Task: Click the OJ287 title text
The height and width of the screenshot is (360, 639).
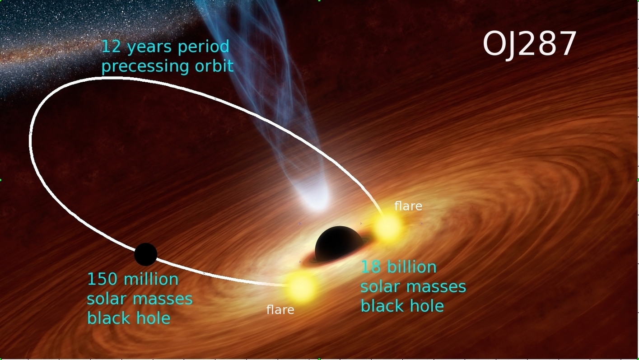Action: point(529,45)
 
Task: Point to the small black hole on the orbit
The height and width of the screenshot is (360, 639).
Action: point(145,254)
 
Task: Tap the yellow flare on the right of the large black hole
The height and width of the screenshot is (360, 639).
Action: point(388,227)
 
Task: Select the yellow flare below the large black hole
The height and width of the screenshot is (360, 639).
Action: point(300,287)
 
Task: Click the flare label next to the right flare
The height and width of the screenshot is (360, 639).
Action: point(408,206)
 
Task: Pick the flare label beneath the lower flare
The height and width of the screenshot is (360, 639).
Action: point(280,309)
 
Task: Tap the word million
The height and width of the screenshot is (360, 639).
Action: point(151,279)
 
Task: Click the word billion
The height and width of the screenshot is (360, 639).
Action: point(412,266)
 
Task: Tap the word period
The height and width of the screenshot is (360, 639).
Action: point(204,47)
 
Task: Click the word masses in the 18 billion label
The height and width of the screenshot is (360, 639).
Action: point(436,287)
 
